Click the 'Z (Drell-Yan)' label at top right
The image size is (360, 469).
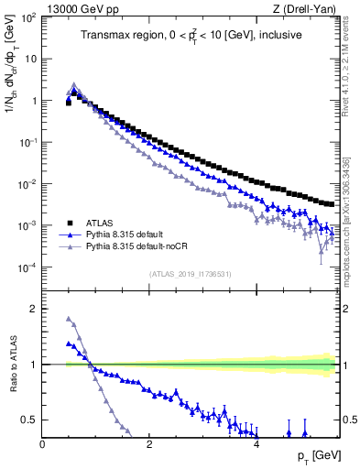[303, 8]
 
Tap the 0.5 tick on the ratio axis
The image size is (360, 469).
[29, 420]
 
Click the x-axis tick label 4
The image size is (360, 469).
[256, 445]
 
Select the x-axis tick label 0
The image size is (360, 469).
[42, 445]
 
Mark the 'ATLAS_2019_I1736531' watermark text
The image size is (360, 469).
[190, 274]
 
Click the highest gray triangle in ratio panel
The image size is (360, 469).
[69, 319]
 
